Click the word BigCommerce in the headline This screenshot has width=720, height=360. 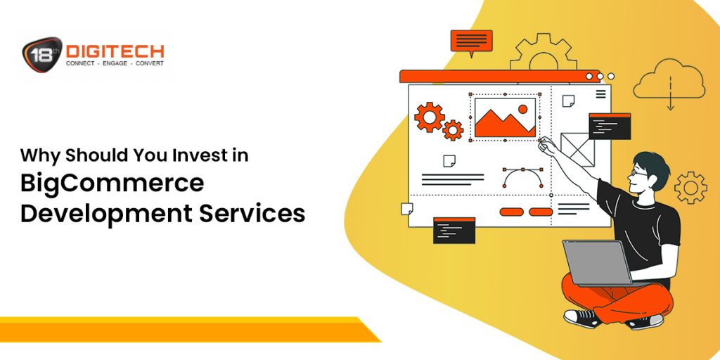112,183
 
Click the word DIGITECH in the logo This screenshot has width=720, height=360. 115,51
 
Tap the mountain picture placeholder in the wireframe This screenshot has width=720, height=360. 504,118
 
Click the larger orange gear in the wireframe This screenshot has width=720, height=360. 428,117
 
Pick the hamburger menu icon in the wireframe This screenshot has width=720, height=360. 600,94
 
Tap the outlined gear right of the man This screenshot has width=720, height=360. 690,188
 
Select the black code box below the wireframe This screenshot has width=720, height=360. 454,230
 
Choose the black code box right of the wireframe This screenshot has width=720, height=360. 609,126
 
